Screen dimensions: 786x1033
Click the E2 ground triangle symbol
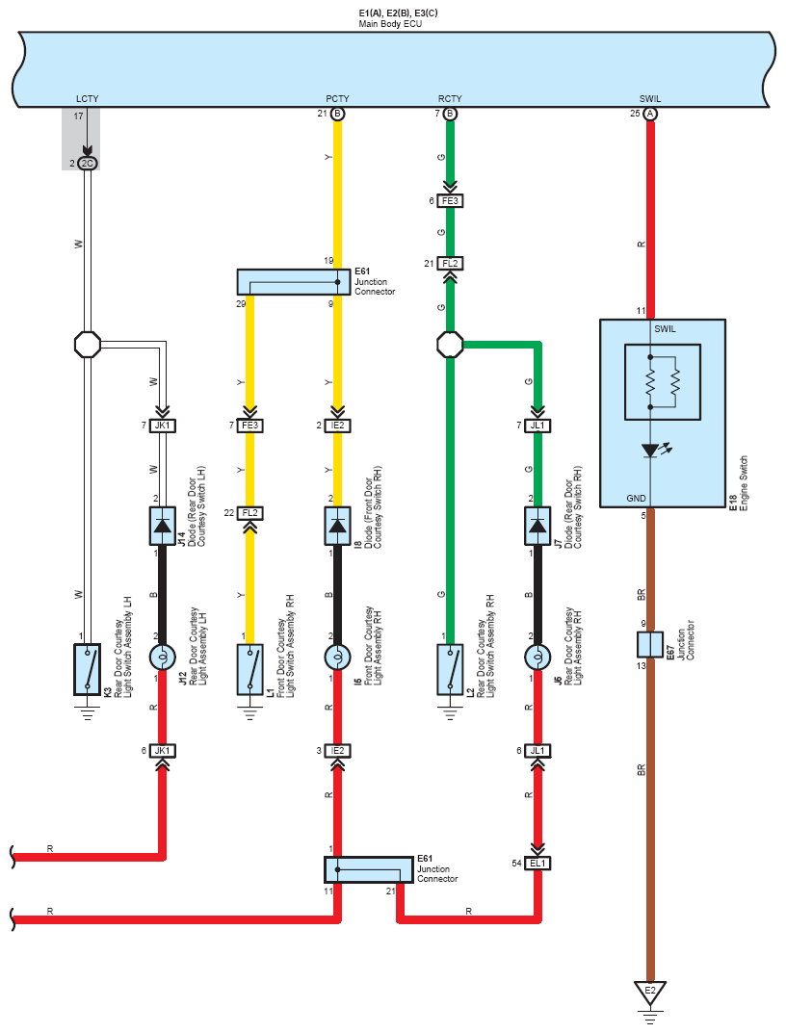650,993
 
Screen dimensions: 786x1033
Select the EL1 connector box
537,863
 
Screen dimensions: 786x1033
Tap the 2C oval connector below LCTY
87,164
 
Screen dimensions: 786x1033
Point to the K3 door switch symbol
87,669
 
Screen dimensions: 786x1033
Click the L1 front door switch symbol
249,669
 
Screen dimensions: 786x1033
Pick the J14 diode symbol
162,526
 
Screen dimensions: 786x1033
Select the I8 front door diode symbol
337,526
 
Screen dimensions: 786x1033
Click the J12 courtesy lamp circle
162,657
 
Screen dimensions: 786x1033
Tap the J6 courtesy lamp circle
537,657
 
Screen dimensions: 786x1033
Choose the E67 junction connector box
650,644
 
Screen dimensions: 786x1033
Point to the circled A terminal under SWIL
650,114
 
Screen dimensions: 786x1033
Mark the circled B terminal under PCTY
337,114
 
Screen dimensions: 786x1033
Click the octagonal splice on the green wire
451,345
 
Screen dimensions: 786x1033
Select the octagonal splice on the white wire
87,345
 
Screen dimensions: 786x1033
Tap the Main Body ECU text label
390,24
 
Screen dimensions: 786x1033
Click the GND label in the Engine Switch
637,498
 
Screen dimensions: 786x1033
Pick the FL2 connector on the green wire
451,264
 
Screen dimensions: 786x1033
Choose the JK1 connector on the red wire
162,751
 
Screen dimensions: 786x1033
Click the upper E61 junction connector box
294,282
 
